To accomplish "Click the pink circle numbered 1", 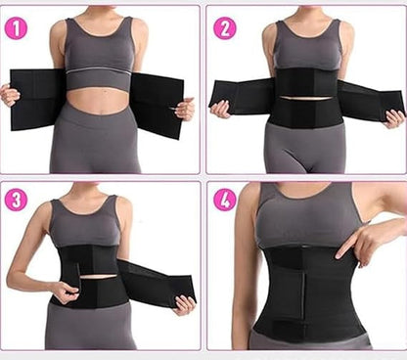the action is pos(16,28).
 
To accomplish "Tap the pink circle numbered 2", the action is pos(225,28).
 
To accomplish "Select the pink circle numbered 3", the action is pos(16,200).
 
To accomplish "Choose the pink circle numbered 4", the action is pos(225,200).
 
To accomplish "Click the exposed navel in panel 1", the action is pos(100,112).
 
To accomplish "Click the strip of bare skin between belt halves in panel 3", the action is pos(99,278).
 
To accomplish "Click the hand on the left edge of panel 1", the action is pos(10,94).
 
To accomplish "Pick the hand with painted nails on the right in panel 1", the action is pos(184,110).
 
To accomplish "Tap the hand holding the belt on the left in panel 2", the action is pos(221,110).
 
